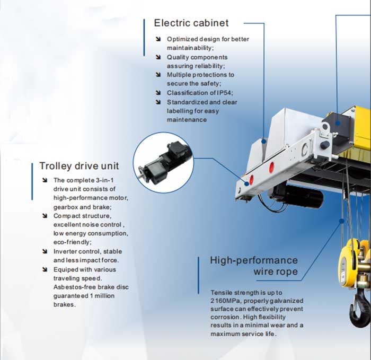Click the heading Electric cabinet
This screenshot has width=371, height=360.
191,23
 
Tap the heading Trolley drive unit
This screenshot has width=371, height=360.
79,165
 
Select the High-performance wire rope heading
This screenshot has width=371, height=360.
254,266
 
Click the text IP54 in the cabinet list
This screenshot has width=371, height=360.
224,93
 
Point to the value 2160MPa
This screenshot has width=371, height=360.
225,301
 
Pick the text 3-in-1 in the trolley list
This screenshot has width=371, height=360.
105,180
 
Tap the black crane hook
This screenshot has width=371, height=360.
359,307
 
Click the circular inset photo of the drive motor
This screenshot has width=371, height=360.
163,162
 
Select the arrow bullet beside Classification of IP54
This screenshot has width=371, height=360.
158,93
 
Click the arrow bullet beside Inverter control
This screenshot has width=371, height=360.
45,251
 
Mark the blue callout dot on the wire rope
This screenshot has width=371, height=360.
341,221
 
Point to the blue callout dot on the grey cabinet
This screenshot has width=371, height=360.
264,142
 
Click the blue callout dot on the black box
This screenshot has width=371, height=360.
338,123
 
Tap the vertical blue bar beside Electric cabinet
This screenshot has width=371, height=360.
144,38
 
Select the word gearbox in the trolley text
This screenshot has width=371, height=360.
66,207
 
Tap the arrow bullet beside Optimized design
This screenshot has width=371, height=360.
158,39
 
